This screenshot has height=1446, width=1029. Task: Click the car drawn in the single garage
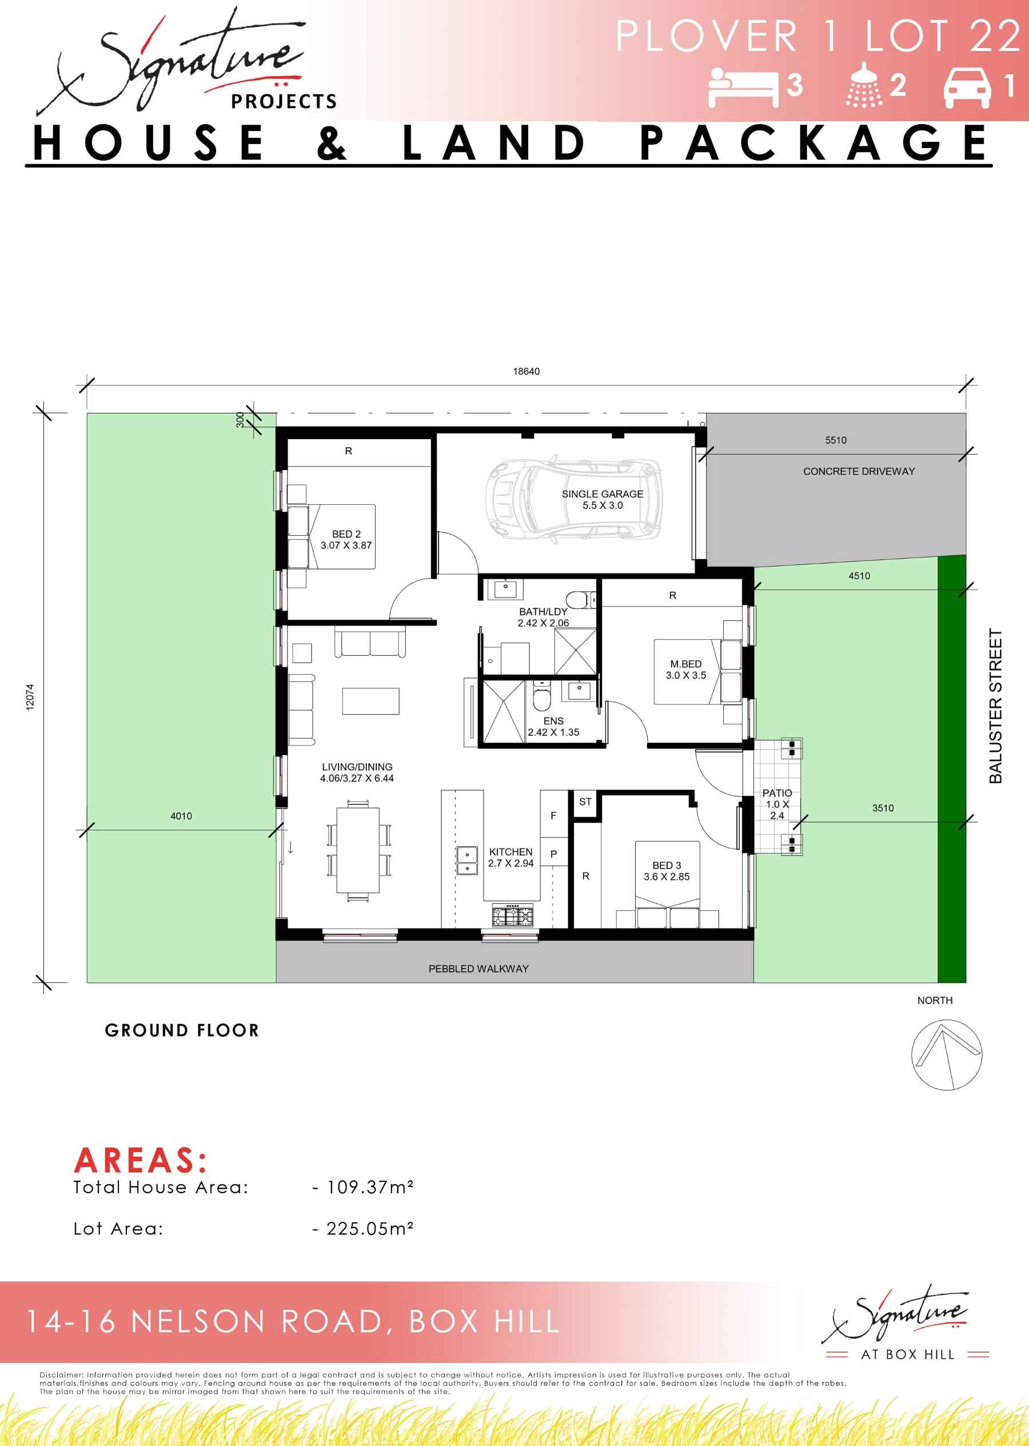click(573, 499)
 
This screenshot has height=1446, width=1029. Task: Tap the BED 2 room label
click(346, 539)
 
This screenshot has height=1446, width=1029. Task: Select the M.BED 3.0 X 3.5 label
click(685, 669)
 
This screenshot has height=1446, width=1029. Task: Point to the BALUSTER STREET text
click(995, 706)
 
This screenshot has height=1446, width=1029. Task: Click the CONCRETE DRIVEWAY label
click(859, 471)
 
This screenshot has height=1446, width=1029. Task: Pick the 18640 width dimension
click(527, 371)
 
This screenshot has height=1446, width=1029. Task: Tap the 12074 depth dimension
click(30, 697)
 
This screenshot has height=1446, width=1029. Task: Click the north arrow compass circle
click(947, 1055)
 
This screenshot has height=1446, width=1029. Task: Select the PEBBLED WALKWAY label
click(478, 968)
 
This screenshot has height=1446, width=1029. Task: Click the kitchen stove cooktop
click(513, 915)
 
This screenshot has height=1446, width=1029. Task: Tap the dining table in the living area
click(358, 850)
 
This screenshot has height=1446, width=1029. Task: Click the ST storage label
click(585, 802)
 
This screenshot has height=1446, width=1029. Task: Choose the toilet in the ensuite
click(542, 697)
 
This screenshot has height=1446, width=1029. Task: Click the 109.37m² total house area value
click(370, 1186)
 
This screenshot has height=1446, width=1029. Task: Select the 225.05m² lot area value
click(370, 1228)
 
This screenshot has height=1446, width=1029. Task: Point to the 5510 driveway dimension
click(836, 440)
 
